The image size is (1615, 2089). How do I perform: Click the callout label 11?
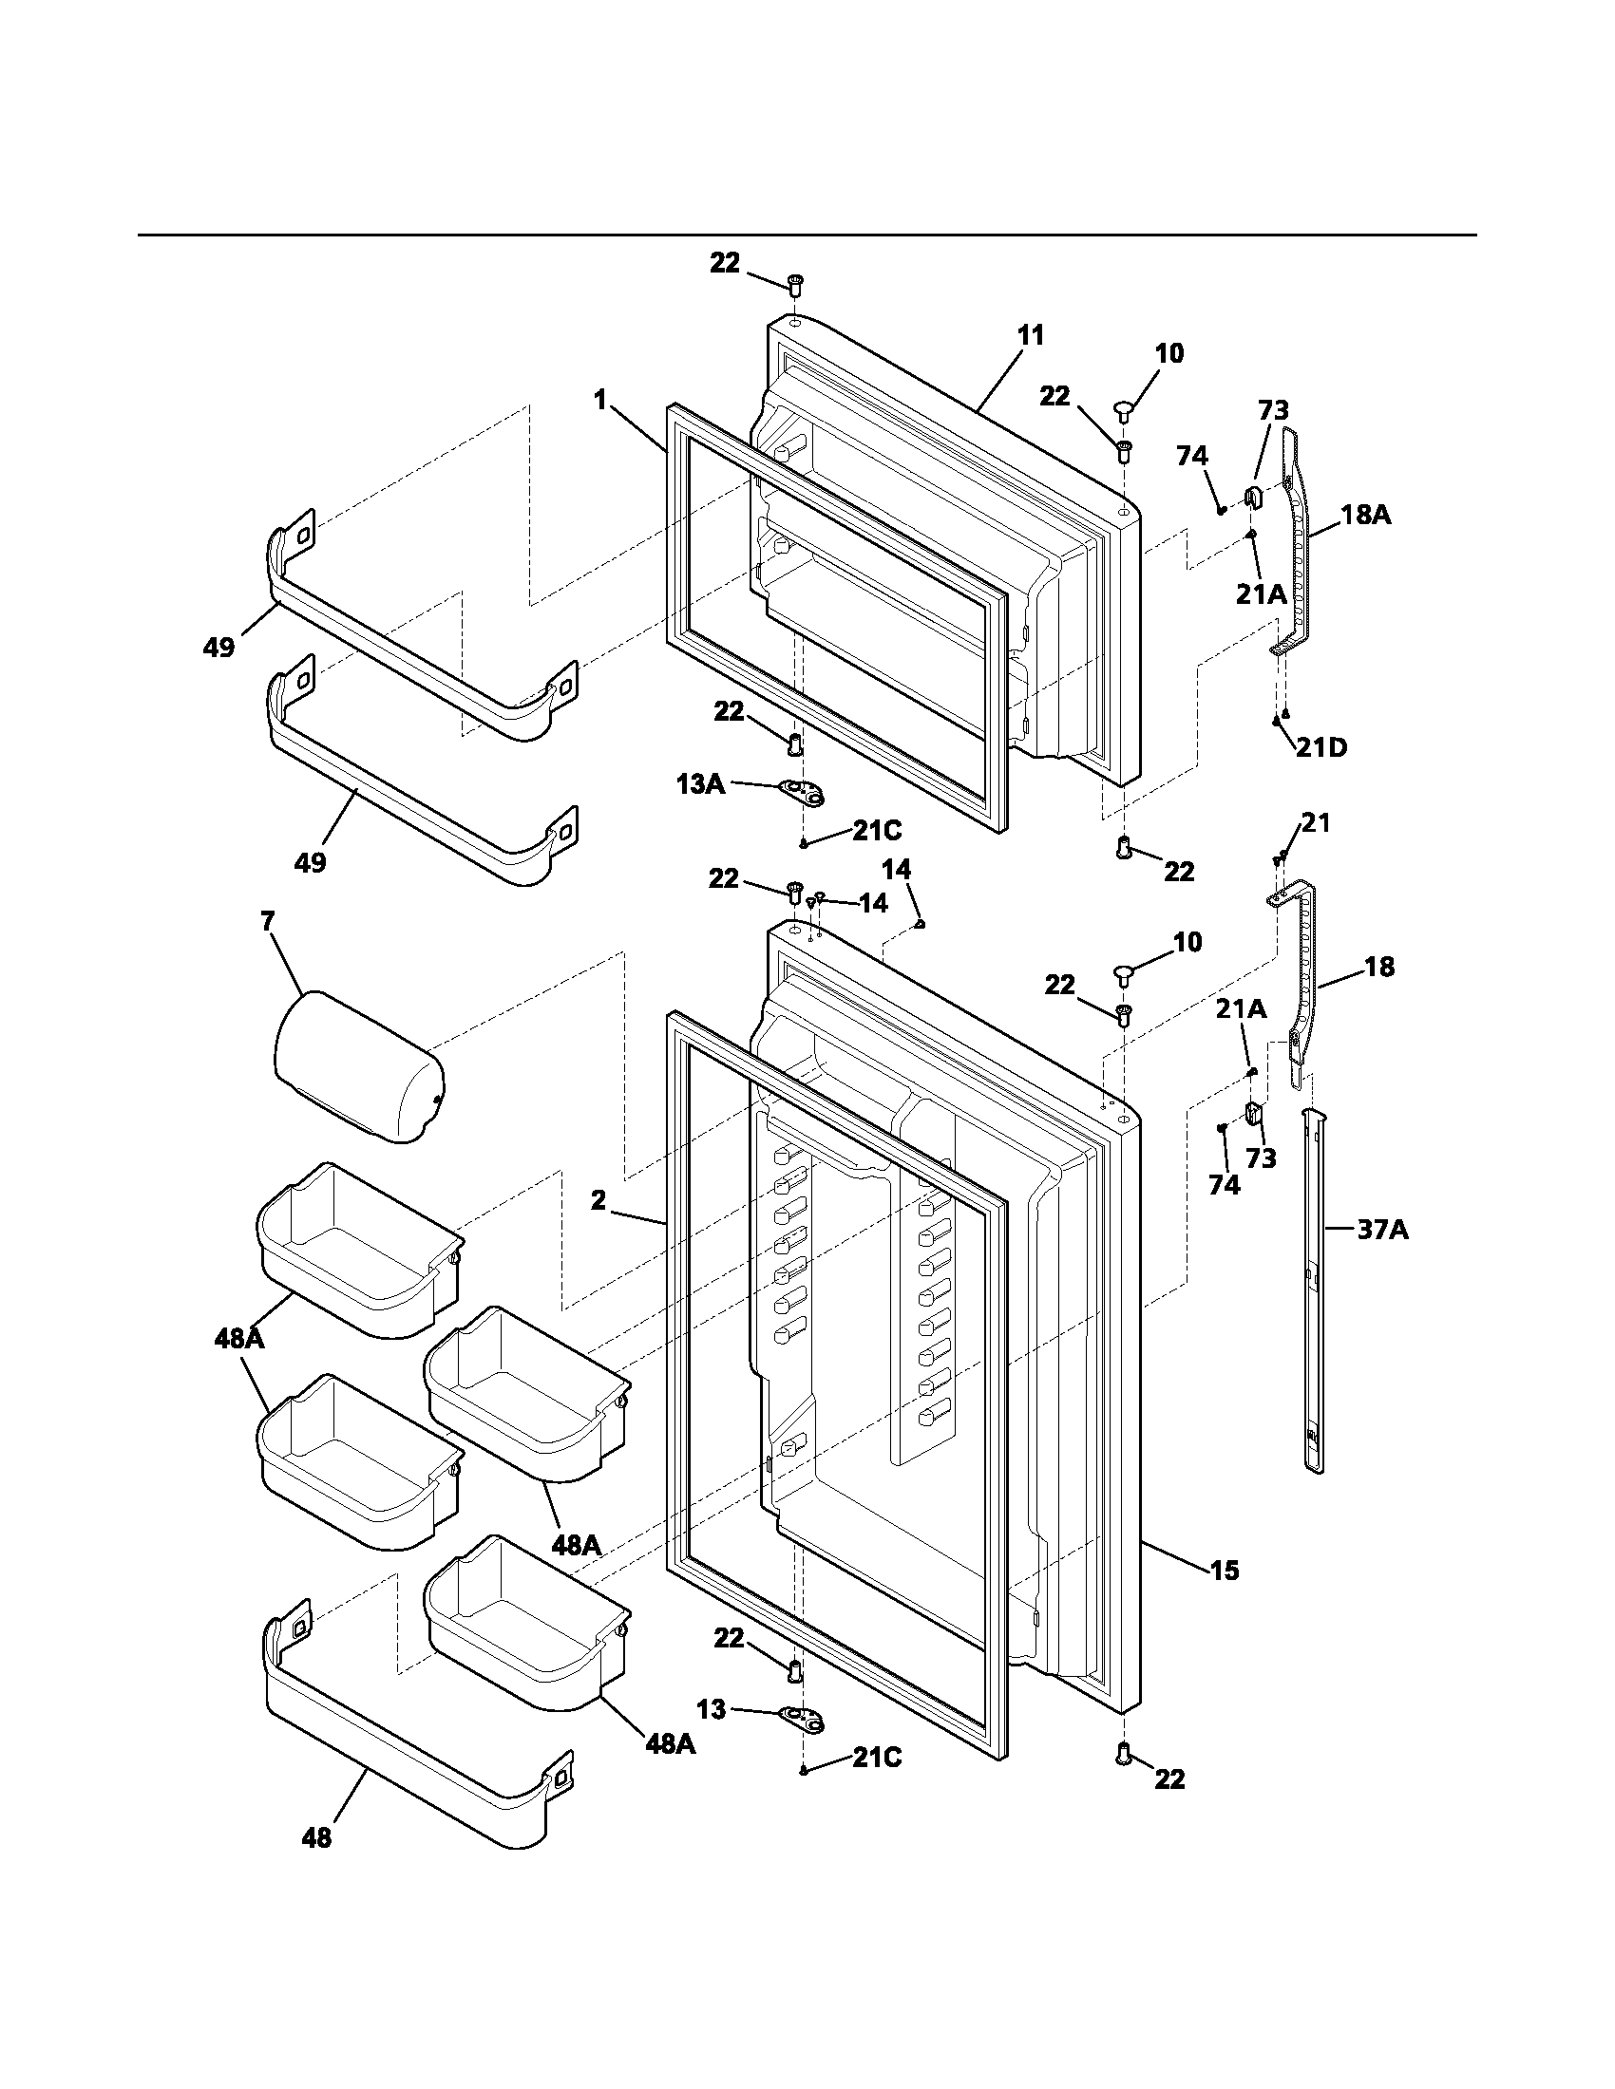tap(1030, 336)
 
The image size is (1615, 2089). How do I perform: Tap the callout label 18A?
tap(1365, 516)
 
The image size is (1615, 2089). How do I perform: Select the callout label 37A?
tap(1382, 1230)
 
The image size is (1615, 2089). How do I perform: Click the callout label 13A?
tap(700, 784)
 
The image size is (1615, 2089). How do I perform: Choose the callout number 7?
tap(267, 921)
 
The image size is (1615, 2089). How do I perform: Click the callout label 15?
tap(1224, 1570)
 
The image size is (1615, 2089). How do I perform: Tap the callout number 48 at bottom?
tap(316, 1837)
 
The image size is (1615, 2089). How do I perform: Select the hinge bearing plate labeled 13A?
tap(802, 790)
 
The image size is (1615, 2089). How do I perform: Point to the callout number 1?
tap(599, 400)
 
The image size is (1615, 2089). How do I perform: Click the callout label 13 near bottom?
tap(712, 1709)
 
